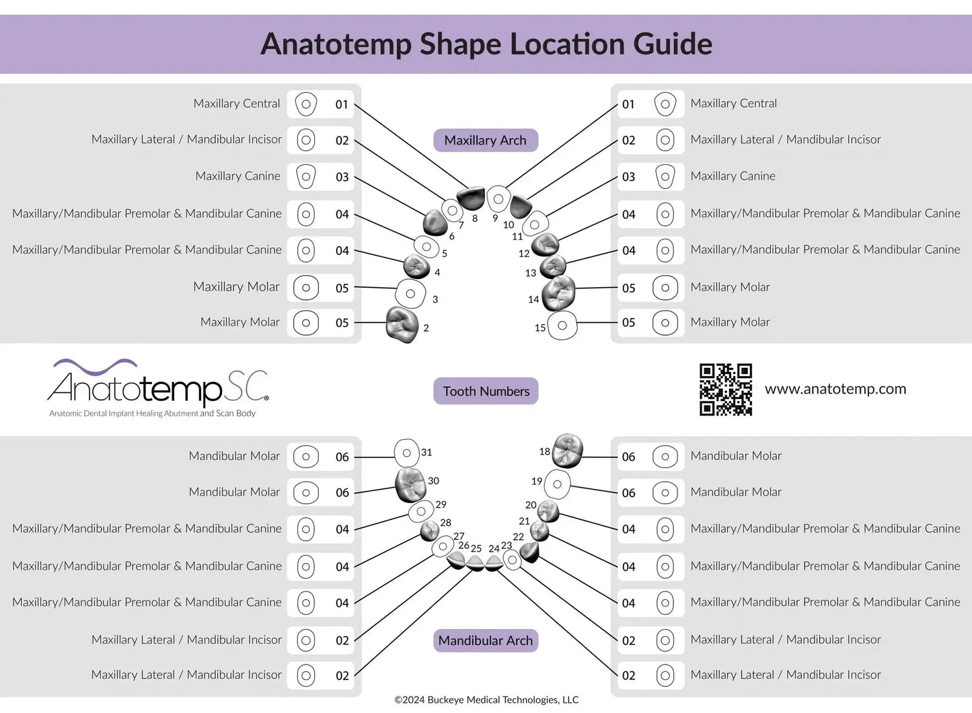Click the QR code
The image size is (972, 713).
tap(726, 389)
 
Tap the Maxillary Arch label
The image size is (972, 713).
tap(485, 141)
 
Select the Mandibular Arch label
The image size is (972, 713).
tap(485, 640)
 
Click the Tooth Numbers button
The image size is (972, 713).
tap(486, 391)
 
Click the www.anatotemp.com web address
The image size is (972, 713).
tap(835, 389)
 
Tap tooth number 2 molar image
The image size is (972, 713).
tap(402, 324)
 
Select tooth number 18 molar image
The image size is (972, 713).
tap(567, 450)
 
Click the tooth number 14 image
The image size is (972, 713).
tap(558, 293)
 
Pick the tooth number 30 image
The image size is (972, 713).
tap(410, 484)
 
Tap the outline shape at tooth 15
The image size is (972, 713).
tap(562, 326)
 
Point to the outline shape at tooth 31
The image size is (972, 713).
tap(406, 453)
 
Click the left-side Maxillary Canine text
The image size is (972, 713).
tap(237, 176)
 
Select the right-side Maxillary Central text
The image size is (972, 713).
tap(733, 104)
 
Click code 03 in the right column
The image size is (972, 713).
tap(628, 177)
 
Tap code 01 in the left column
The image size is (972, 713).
tap(342, 104)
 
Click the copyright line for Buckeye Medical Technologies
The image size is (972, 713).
tap(486, 700)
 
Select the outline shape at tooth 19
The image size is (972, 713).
tap(557, 484)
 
